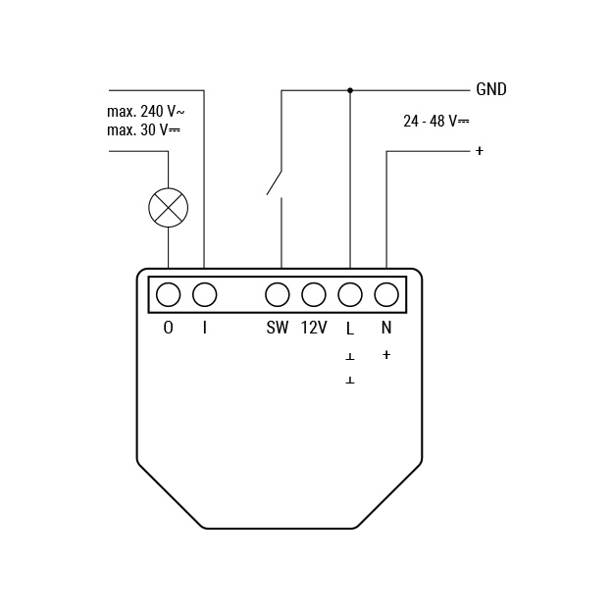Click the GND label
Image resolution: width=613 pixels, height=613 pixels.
coord(491,89)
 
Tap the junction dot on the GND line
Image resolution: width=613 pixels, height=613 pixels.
coord(350,90)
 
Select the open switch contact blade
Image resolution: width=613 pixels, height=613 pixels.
coord(274,182)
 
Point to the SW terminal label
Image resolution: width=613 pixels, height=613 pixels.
coord(278,328)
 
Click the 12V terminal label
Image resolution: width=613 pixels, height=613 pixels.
coord(314,328)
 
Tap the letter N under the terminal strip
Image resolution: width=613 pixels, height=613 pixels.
coord(386,328)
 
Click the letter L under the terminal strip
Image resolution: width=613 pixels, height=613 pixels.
coord(350,329)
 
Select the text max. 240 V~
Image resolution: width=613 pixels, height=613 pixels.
coord(145,112)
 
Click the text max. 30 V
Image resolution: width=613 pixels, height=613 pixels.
coord(143,129)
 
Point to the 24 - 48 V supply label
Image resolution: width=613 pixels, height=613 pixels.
coord(435,121)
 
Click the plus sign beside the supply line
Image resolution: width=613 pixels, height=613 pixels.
coord(480,150)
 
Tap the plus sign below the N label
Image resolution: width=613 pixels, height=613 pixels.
coord(386,355)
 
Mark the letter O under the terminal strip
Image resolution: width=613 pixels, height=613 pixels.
coord(168,328)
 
